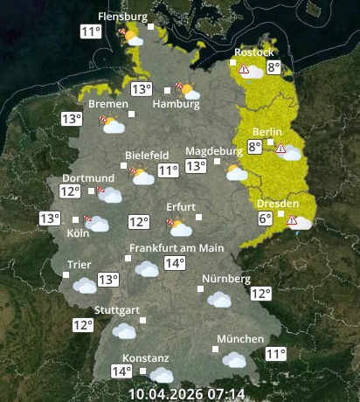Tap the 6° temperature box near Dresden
265,218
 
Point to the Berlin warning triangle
280,148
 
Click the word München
240,339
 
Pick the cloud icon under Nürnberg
219,299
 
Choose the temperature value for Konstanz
121,371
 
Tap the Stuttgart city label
117,310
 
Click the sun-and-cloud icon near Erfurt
180,228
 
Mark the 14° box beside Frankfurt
175,263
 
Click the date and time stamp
187,394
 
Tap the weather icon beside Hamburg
186,90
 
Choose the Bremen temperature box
71,119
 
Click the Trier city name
80,265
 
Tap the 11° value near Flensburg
89,32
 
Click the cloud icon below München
233,359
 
